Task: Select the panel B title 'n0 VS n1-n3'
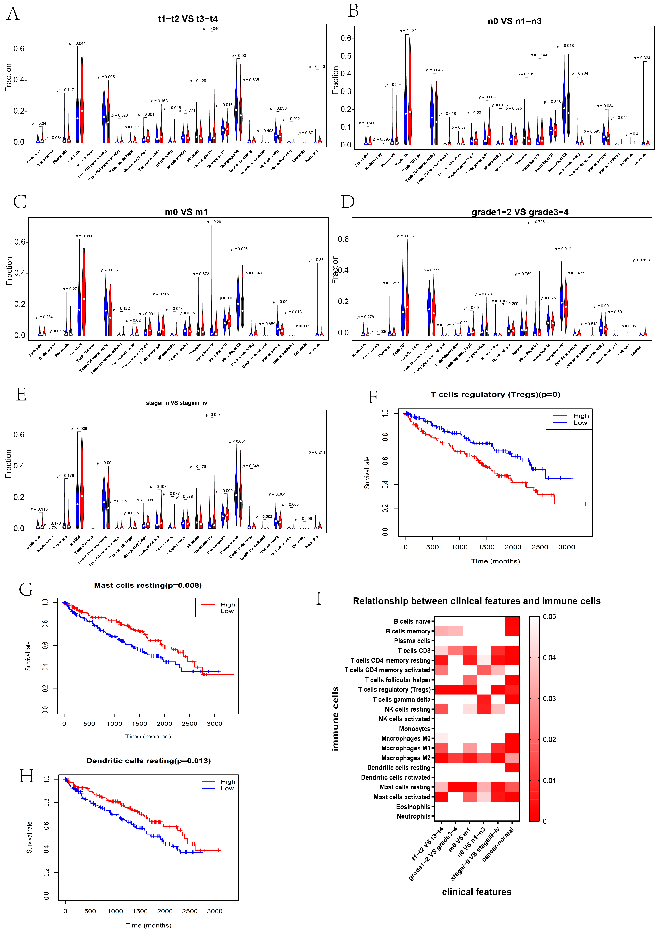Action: coord(514,21)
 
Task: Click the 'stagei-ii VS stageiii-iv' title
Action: coord(176,403)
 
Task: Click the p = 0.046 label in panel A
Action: coord(212,29)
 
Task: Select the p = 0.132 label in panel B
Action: coord(408,31)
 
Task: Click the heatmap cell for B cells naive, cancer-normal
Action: coord(512,621)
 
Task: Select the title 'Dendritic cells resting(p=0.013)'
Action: coord(148,761)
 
